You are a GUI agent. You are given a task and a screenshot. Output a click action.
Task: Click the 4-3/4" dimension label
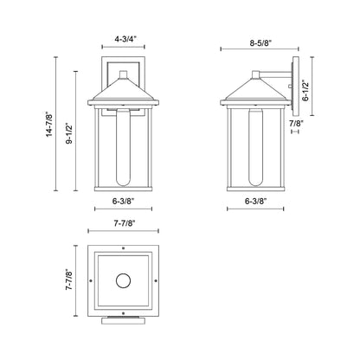123,40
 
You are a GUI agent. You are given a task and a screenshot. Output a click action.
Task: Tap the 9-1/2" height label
69,133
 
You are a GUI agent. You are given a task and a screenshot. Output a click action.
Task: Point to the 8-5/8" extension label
260,43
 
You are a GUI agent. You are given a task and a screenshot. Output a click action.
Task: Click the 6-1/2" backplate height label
305,90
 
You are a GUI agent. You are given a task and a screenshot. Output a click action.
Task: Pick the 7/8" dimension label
296,123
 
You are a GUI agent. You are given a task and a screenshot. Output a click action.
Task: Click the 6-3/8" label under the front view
123,202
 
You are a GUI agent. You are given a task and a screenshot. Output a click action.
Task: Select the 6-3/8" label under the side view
255,202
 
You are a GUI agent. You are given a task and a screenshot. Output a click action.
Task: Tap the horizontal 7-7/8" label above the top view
123,223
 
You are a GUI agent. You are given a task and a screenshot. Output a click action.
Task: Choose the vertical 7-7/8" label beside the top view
69,280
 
